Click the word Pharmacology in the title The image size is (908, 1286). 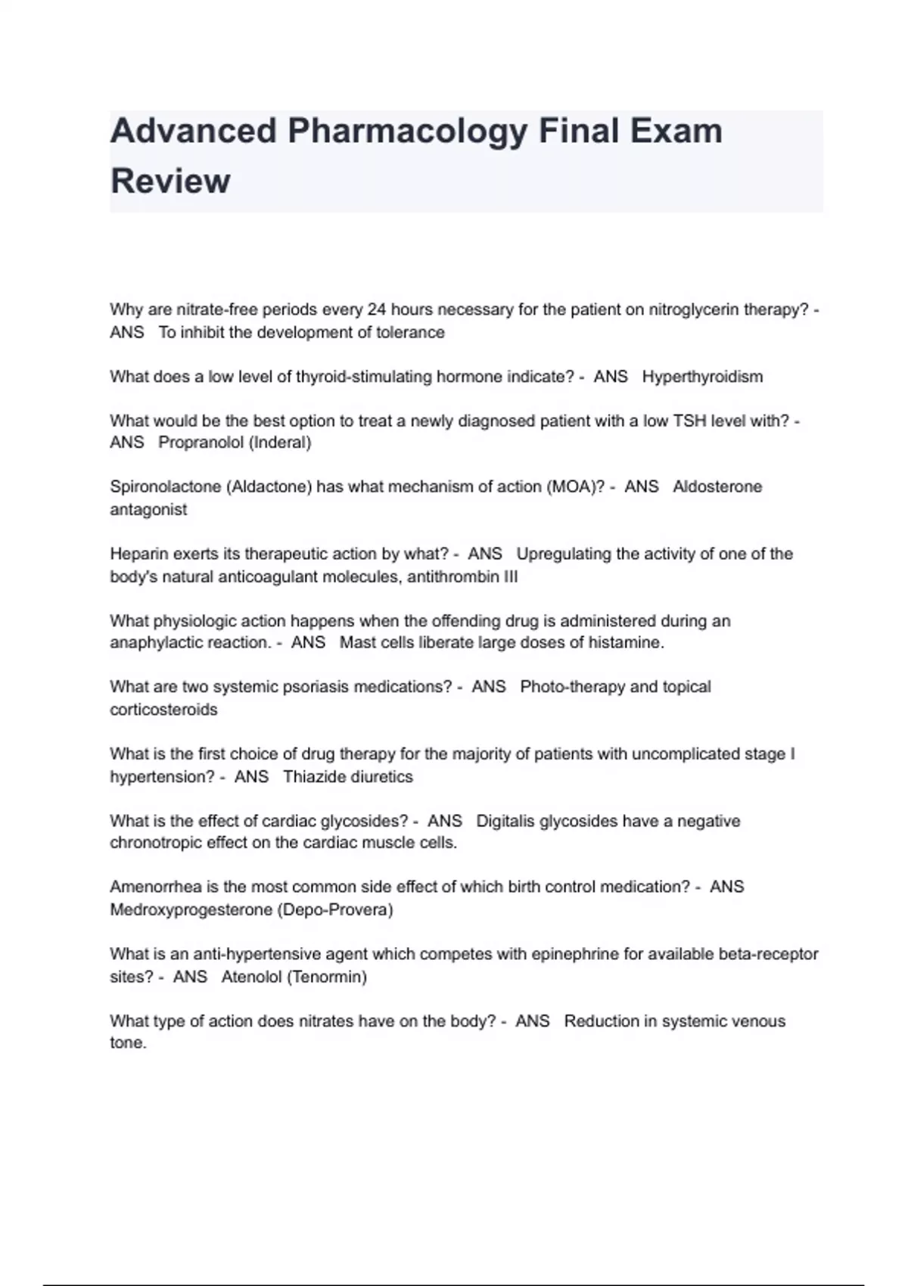point(407,132)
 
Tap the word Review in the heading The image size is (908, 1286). point(170,182)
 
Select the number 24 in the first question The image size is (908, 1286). point(377,309)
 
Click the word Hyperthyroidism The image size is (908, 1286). point(702,377)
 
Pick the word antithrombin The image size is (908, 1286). point(452,576)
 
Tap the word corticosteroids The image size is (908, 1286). point(163,710)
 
